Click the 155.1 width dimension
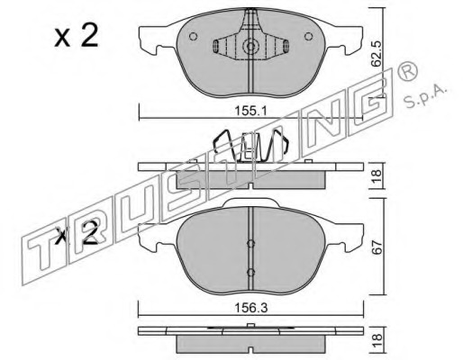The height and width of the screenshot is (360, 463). click(250, 112)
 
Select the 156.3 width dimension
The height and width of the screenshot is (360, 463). click(251, 308)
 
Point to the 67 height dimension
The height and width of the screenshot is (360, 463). click(377, 247)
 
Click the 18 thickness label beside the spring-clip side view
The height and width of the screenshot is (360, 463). click(377, 175)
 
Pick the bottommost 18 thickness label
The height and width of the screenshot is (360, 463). click(377, 341)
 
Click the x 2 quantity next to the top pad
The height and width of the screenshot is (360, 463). click(77, 36)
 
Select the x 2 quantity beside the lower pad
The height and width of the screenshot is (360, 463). click(77, 233)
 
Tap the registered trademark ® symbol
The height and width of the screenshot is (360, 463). click(407, 70)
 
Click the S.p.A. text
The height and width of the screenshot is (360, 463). click(425, 95)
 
